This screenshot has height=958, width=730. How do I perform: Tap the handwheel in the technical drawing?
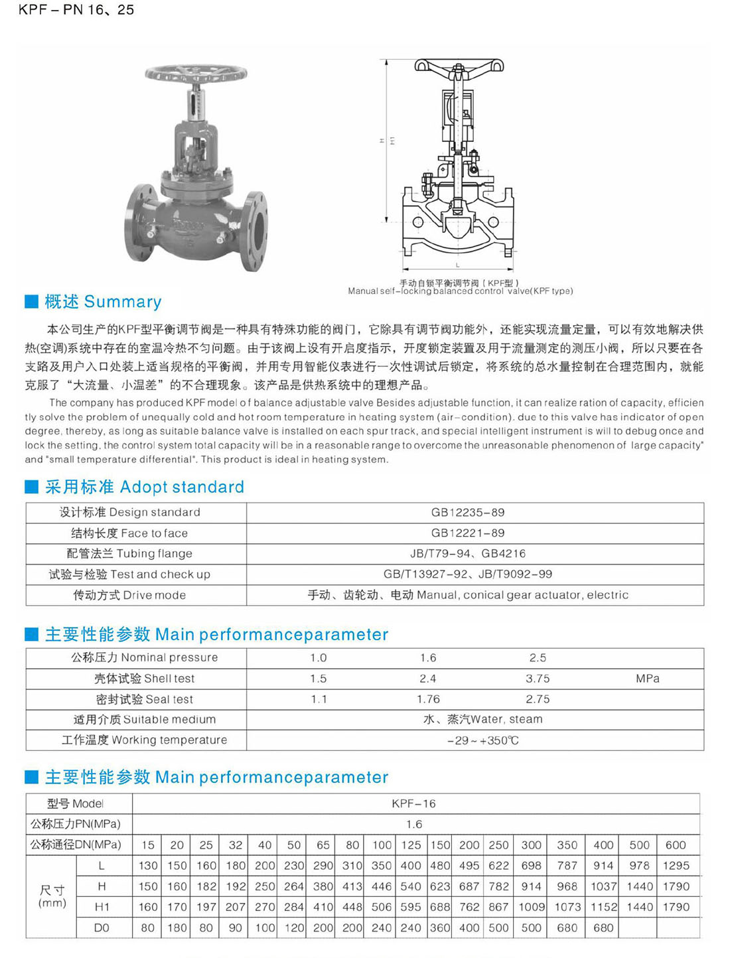click(459, 66)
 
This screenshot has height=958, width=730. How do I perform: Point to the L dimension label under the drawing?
click(457, 265)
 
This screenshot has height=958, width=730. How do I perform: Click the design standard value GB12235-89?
click(467, 512)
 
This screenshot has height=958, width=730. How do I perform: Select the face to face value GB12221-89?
click(467, 533)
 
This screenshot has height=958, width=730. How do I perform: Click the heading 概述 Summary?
click(103, 302)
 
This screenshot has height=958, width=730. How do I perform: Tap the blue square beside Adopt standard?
click(31, 487)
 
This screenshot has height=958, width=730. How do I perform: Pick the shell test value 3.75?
click(538, 679)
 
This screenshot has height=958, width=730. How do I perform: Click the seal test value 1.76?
click(428, 699)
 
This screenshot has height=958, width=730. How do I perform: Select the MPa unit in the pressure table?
click(647, 679)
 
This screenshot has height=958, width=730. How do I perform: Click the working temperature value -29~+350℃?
click(482, 740)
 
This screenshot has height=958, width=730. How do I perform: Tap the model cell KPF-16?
click(413, 804)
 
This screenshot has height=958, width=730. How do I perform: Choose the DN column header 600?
click(676, 845)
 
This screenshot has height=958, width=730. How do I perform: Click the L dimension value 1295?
click(676, 866)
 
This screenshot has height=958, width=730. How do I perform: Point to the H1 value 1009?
click(531, 907)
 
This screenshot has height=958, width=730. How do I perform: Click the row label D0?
click(102, 928)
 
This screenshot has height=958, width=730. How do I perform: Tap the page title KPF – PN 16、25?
click(76, 10)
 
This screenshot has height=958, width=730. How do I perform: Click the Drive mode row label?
click(129, 595)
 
